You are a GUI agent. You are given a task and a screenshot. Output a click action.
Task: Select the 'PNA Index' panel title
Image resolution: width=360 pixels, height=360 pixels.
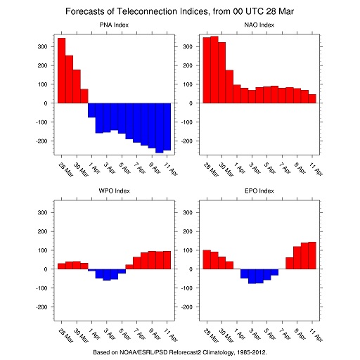(x=114, y=25)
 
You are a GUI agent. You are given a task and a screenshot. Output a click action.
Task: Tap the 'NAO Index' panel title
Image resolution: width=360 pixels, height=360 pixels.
(x=259, y=25)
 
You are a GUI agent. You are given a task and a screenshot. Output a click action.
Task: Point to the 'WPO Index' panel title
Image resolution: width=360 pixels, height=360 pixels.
(x=114, y=191)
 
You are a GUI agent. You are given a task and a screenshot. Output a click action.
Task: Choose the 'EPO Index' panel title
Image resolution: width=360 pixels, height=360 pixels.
(x=259, y=191)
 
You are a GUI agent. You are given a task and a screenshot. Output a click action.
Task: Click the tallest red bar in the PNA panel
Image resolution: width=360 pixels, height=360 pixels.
(x=62, y=70)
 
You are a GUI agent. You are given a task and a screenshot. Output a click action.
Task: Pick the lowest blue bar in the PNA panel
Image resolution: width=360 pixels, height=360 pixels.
(x=160, y=128)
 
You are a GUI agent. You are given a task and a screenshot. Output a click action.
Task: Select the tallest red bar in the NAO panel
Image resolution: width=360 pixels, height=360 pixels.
(x=214, y=70)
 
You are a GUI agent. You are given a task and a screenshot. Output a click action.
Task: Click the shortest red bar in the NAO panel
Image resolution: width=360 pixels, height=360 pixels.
(x=312, y=98)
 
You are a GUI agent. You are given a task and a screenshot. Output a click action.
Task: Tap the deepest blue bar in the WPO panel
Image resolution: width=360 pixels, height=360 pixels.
(x=107, y=275)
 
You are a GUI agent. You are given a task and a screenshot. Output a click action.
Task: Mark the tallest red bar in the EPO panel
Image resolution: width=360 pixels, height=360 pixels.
(x=312, y=255)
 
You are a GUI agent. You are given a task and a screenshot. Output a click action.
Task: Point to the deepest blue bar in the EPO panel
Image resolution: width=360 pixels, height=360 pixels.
(x=252, y=276)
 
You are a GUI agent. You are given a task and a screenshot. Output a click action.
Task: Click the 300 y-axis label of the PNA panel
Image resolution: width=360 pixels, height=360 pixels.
(x=42, y=46)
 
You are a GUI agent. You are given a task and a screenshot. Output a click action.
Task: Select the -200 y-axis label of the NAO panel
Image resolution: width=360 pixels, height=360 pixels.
(x=187, y=141)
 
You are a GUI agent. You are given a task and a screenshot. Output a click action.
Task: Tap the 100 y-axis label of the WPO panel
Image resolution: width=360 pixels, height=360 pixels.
(x=42, y=250)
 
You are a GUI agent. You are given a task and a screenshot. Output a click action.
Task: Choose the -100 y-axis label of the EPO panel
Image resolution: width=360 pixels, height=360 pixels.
(x=187, y=288)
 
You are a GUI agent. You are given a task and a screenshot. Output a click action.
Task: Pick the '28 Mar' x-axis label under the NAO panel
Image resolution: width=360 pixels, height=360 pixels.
(x=211, y=169)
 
